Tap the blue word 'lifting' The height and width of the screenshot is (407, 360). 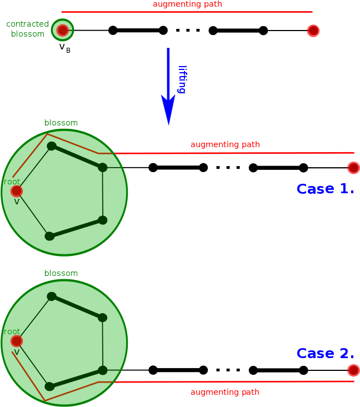click(x=183, y=79)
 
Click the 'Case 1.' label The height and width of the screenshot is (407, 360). click(x=325, y=189)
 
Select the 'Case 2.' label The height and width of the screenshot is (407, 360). click(x=325, y=353)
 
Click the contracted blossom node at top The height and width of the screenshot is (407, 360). click(x=62, y=30)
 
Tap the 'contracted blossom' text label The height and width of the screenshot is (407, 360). click(x=27, y=29)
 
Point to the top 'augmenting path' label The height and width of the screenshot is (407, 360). click(x=187, y=4)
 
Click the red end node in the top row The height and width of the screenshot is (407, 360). click(x=313, y=31)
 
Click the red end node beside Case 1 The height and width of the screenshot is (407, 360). click(x=353, y=168)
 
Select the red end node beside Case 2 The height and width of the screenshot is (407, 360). click(x=353, y=370)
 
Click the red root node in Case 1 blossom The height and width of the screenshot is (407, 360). click(x=17, y=191)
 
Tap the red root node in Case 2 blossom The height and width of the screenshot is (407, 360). click(x=17, y=341)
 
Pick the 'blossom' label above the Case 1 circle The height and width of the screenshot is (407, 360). click(x=61, y=123)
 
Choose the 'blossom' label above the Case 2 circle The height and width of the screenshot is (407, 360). click(x=61, y=273)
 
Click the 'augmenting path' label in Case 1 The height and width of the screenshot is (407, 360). click(x=225, y=145)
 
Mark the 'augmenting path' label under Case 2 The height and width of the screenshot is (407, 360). click(x=225, y=392)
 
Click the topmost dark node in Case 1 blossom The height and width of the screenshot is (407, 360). click(x=52, y=146)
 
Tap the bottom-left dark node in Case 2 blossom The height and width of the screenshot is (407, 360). click(x=49, y=386)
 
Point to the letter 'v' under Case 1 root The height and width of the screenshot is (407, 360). click(x=17, y=202)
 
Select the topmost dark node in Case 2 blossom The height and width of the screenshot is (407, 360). click(x=52, y=297)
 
